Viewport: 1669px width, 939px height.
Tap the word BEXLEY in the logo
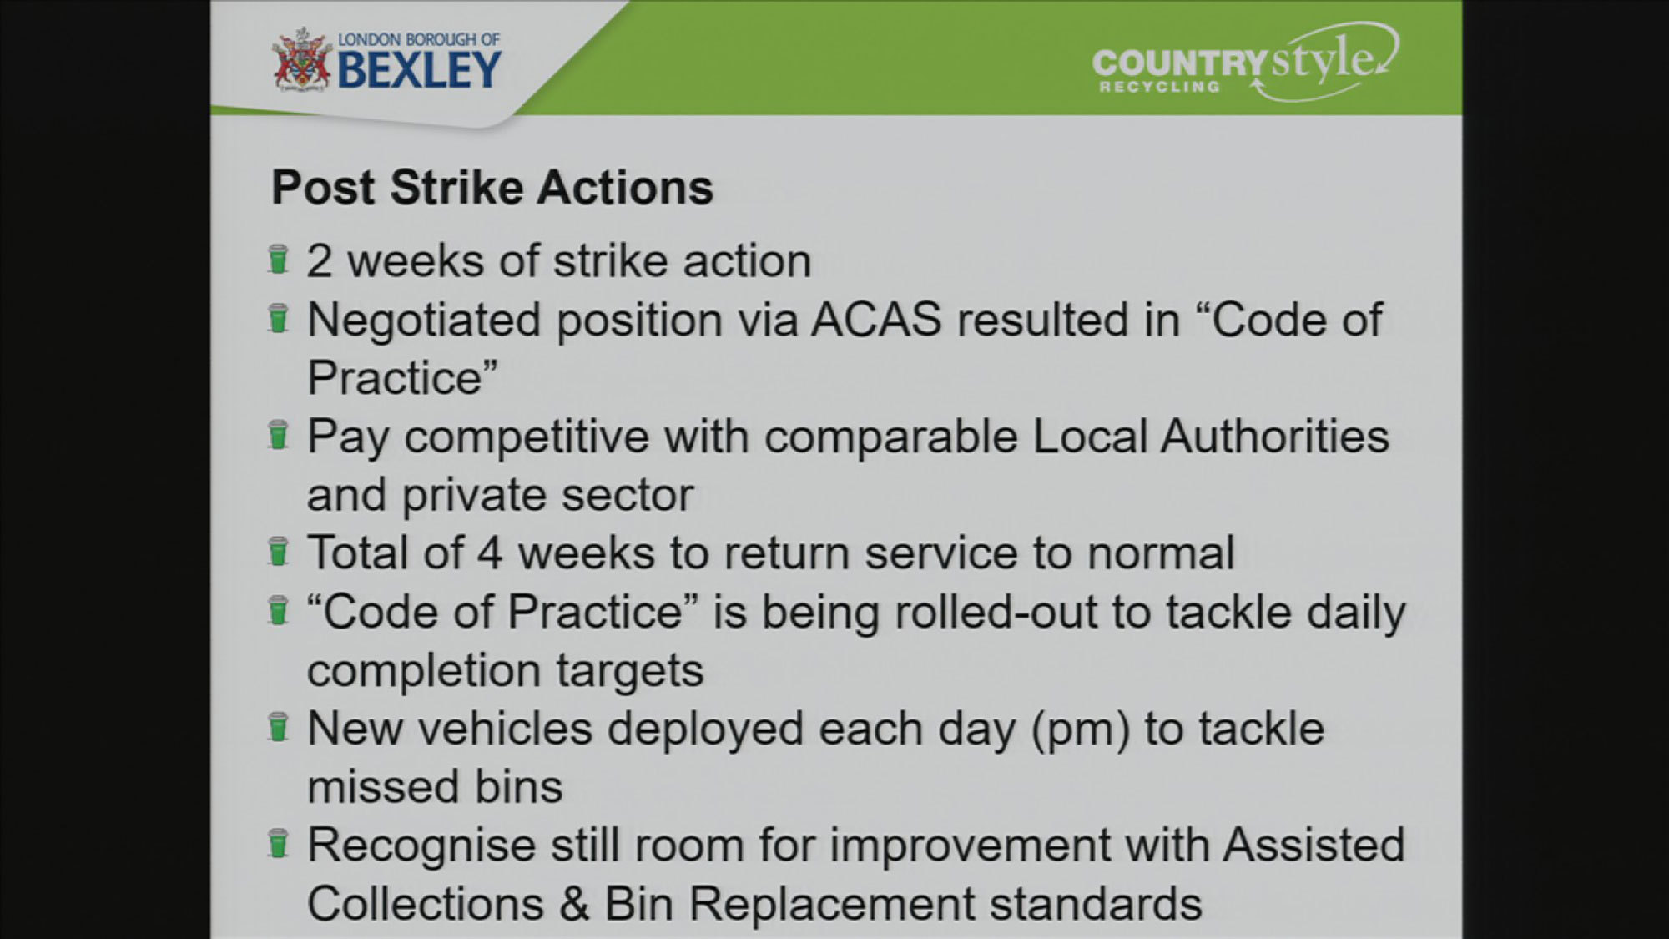point(420,69)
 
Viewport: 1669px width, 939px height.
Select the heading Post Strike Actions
point(492,187)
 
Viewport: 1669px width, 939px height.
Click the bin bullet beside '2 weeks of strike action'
point(278,260)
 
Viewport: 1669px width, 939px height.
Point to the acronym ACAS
point(876,320)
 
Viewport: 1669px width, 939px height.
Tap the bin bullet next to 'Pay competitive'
point(278,435)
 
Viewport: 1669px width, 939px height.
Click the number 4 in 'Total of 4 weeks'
point(490,553)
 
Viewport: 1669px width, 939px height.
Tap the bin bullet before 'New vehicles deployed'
point(278,727)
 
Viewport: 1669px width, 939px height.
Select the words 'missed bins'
point(435,787)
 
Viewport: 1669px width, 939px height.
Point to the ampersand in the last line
point(574,904)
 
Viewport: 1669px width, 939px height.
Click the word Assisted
point(1314,846)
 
